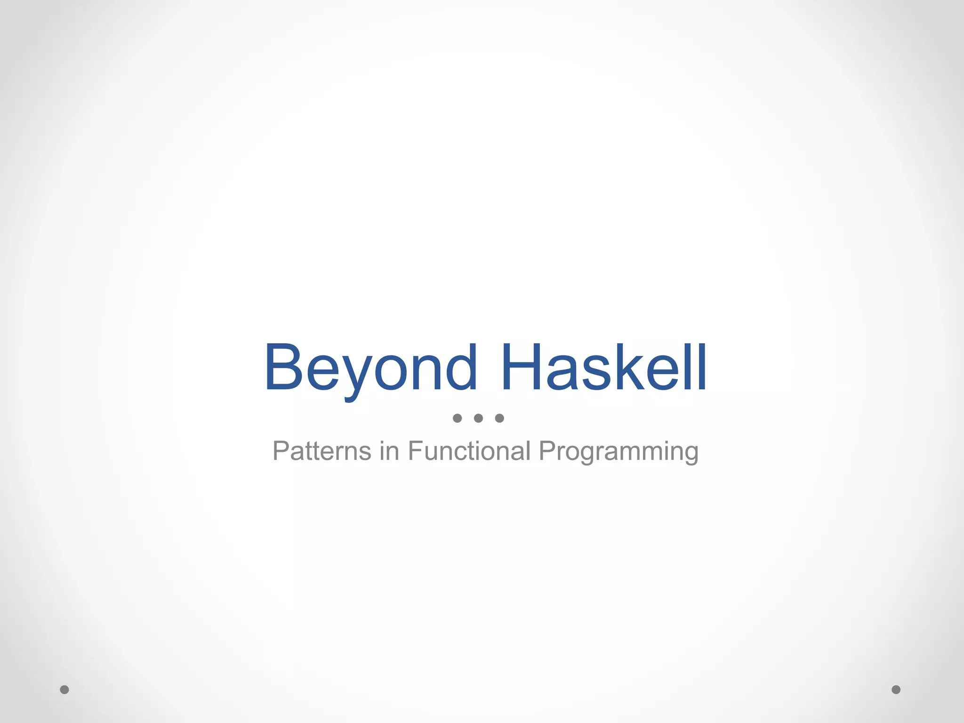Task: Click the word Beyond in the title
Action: click(x=371, y=368)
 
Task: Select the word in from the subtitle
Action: click(x=390, y=451)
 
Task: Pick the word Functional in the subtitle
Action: click(x=469, y=451)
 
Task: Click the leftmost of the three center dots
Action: click(x=457, y=418)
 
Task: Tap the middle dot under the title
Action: click(x=478, y=418)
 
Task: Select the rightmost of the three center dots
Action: click(x=499, y=418)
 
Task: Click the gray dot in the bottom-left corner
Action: click(x=64, y=690)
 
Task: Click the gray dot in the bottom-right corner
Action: click(x=896, y=690)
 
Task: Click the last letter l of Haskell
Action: click(x=702, y=367)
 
